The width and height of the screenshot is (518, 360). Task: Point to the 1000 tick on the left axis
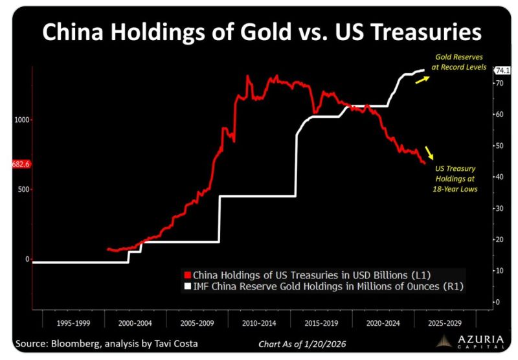[20, 120]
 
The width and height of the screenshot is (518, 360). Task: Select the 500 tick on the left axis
[22, 190]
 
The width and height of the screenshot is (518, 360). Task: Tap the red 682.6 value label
[21, 164]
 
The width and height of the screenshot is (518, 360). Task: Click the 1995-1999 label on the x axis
[73, 322]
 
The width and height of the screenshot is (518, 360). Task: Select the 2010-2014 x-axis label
[260, 322]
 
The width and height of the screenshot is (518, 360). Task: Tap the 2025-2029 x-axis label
[446, 322]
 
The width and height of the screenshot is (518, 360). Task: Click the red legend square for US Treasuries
[188, 274]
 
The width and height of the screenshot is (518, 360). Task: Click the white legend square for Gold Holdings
[188, 286]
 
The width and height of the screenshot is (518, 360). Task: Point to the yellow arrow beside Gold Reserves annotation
[422, 78]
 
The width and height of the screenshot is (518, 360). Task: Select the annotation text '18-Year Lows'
[454, 188]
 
